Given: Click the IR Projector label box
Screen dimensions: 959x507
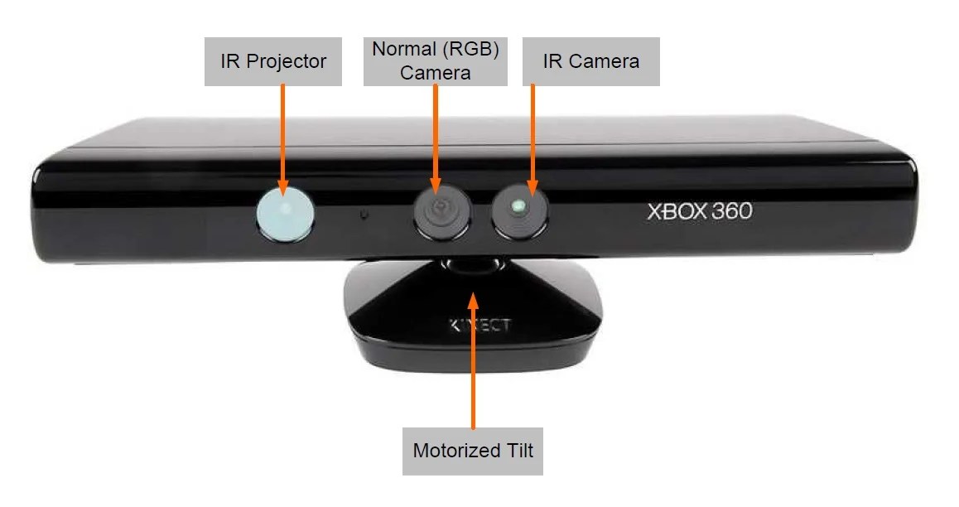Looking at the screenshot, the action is [272, 61].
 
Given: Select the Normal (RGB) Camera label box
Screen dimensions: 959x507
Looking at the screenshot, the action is [435, 61].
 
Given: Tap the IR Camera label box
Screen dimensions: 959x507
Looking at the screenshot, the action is [590, 61].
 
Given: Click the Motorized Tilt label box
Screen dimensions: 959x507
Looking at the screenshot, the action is [472, 451].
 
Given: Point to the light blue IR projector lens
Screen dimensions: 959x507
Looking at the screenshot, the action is [285, 210].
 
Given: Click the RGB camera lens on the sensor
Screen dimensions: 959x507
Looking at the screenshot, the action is [441, 210].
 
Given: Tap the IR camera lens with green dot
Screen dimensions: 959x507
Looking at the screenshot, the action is [519, 207].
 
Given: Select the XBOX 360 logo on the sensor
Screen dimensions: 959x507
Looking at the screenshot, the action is [699, 211].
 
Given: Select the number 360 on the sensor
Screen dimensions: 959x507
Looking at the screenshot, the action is [732, 211].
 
